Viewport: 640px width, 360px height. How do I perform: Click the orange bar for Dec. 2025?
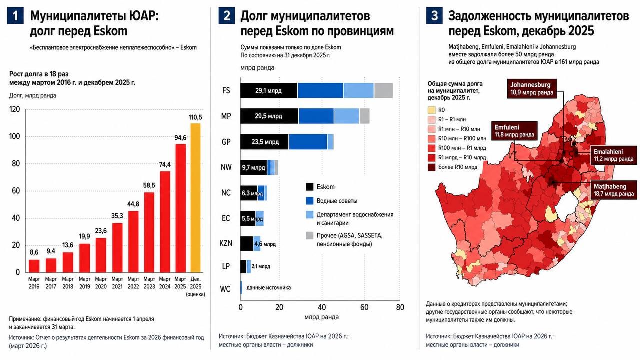point(195,198)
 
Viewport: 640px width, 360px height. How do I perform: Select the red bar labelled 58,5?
point(149,232)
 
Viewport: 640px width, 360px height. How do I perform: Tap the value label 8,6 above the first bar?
point(34,252)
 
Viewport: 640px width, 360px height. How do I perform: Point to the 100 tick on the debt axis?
point(15,136)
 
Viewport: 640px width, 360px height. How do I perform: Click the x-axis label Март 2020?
point(101,283)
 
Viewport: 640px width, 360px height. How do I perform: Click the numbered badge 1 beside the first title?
point(15,16)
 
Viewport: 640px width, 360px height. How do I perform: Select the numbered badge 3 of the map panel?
point(434,16)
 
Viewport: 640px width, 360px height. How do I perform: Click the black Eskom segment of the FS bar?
point(269,91)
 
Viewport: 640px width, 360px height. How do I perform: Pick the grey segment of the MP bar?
point(364,116)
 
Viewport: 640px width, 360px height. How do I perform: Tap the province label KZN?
point(225,243)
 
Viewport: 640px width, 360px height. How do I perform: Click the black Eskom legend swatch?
point(309,187)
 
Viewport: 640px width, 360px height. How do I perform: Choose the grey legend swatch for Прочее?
point(309,235)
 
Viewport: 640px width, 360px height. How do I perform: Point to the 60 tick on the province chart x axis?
point(364,307)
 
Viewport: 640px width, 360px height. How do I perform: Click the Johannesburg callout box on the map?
point(532,89)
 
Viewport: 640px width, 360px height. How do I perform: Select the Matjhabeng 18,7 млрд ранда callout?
point(614,190)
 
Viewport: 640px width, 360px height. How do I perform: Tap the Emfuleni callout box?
point(514,131)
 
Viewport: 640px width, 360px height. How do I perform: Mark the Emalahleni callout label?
point(613,155)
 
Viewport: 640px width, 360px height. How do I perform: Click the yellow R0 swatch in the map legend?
point(431,110)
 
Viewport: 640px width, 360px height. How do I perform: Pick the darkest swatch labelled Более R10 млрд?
point(431,167)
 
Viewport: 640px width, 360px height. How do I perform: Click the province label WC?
point(225,289)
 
